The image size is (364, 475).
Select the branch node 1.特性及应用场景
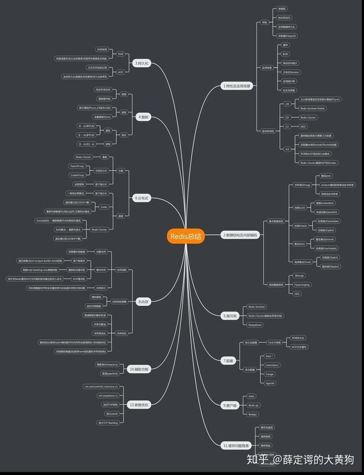tap(237, 86)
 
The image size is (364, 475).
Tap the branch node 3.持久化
tap(141, 63)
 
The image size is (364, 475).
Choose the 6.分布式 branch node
tap(142, 198)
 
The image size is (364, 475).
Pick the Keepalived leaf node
tap(255, 325)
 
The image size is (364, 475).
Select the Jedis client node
tap(251, 396)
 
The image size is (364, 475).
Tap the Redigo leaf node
tap(253, 414)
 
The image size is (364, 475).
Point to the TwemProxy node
tap(77, 166)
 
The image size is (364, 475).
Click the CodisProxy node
tap(77, 175)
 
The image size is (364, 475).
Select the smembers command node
tap(272, 365)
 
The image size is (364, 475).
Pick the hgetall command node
tap(270, 383)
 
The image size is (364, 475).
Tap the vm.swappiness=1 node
tap(108, 395)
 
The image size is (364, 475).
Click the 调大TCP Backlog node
tap(108, 423)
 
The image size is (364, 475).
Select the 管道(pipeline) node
tap(109, 374)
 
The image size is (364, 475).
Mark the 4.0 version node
tap(287, 149)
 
